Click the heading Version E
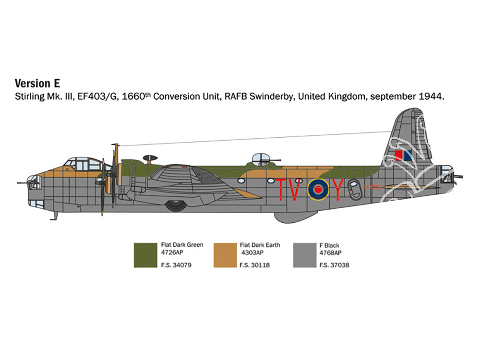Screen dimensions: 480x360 pyautogui.click(x=37, y=83)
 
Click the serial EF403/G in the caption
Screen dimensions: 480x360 pyautogui.click(x=97, y=97)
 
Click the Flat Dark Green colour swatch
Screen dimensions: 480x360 pyautogui.click(x=145, y=255)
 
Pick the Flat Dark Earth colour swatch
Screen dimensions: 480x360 pyautogui.click(x=225, y=255)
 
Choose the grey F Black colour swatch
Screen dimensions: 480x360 pyautogui.click(x=305, y=255)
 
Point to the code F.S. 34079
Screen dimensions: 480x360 pyautogui.click(x=176, y=265)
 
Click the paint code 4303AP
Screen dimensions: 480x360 pyautogui.click(x=252, y=252)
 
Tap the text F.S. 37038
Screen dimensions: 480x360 pyautogui.click(x=334, y=265)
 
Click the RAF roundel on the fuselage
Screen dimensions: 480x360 pyautogui.click(x=318, y=190)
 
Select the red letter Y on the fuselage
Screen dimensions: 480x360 pyautogui.click(x=337, y=190)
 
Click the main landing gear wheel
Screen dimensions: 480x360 pyautogui.click(x=176, y=205)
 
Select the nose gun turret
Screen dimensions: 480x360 pyautogui.click(x=33, y=182)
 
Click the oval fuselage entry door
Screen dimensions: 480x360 pyautogui.click(x=354, y=189)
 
